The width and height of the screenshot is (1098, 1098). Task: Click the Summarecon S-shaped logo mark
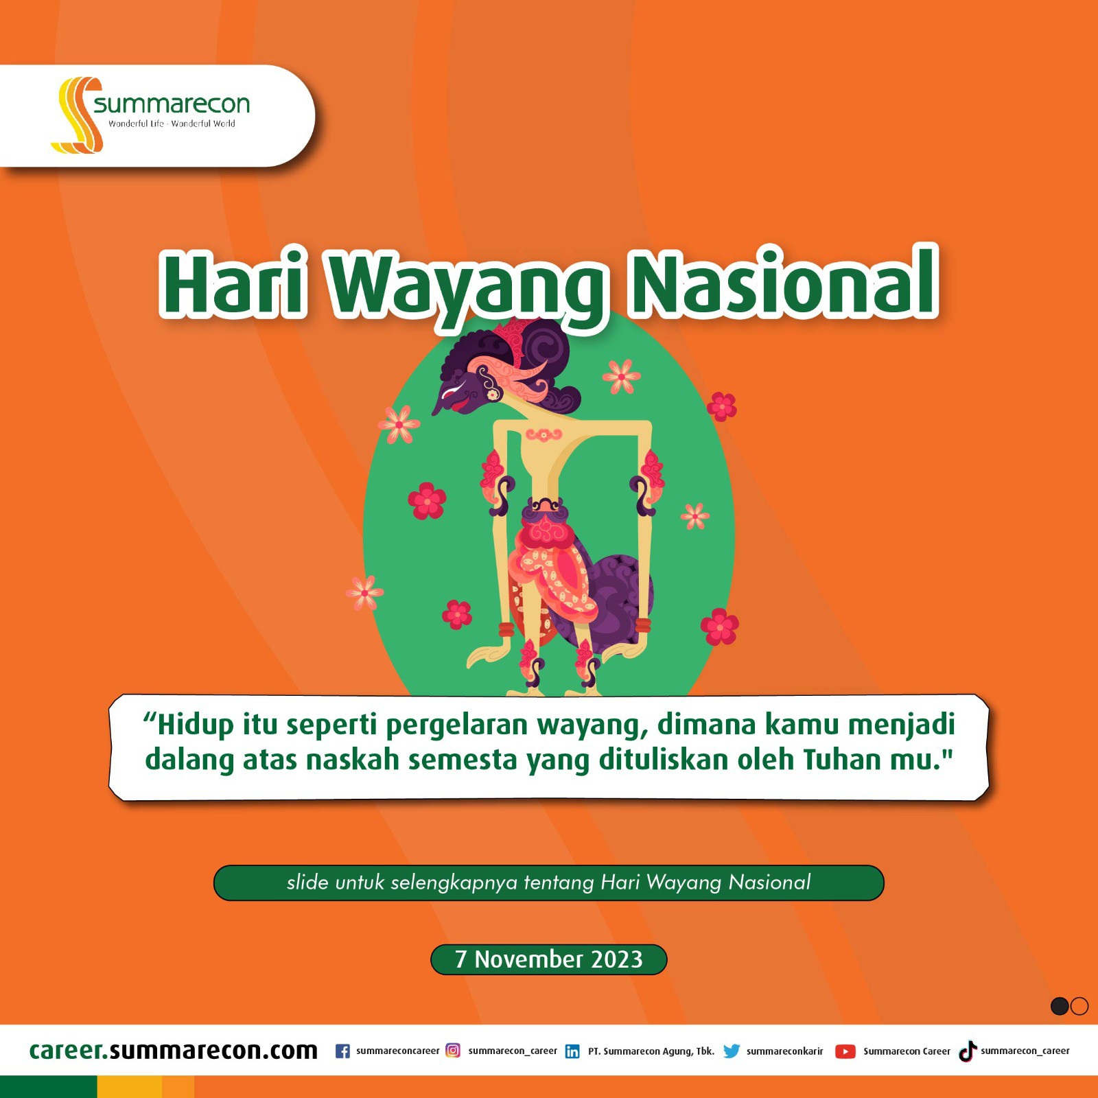tap(77, 115)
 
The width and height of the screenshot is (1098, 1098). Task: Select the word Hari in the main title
tap(233, 282)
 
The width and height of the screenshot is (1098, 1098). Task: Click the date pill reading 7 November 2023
tap(548, 959)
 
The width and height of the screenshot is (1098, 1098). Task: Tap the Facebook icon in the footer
tap(342, 1051)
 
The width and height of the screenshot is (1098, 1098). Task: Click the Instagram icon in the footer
tap(453, 1050)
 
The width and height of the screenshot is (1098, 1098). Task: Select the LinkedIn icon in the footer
tap(572, 1051)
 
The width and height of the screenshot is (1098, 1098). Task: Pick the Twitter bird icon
tap(732, 1051)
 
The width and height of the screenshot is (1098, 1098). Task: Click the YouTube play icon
tap(845, 1051)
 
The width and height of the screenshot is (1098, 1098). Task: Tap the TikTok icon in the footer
tap(968, 1051)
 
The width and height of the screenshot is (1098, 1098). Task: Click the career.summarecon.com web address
tap(173, 1051)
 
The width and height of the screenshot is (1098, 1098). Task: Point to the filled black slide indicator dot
tap(1060, 1006)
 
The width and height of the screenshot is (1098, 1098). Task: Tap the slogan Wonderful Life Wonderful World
tap(172, 124)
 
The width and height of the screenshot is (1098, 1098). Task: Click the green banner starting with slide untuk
tap(549, 883)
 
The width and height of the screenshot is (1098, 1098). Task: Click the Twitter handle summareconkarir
tap(784, 1051)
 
